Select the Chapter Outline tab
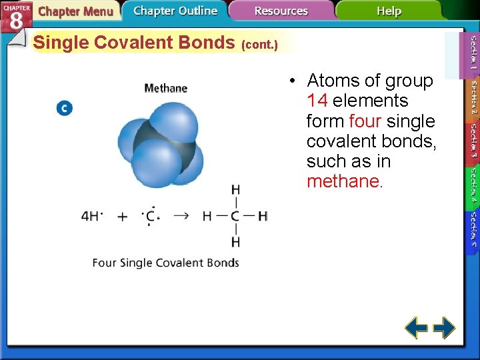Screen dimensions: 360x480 tap(175, 11)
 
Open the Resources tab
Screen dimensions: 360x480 tap(281, 11)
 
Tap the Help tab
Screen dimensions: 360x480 tap(389, 11)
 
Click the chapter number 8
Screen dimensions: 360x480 tap(16, 20)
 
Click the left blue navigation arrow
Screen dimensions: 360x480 tap(417, 328)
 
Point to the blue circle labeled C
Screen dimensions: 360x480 tap(65, 108)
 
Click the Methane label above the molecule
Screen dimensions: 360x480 tap(166, 88)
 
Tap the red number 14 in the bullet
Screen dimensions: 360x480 tap(317, 101)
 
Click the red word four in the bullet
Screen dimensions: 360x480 tap(365, 121)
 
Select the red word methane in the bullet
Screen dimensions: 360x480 tap(343, 181)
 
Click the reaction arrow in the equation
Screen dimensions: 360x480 tap(181, 216)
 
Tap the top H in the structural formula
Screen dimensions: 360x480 tap(235, 190)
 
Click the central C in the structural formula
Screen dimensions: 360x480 tap(235, 216)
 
